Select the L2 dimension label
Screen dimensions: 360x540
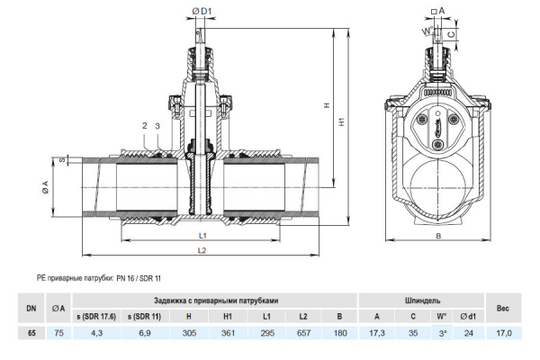tap(203, 249)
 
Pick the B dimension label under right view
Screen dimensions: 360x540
tap(438, 236)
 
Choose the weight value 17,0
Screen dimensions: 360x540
tap(504, 333)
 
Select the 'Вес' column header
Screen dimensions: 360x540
tap(504, 308)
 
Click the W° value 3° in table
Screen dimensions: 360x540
tap(440, 333)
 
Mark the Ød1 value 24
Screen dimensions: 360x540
tap(468, 333)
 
